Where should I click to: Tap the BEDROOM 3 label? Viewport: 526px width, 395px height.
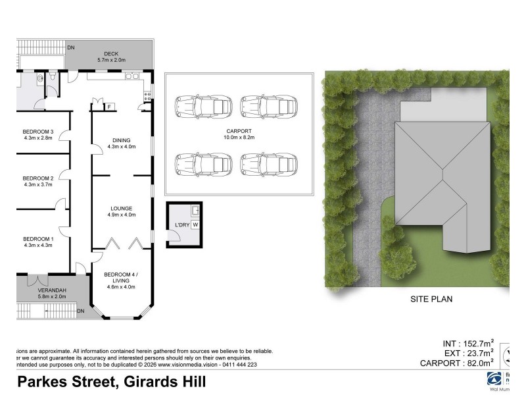pos(37,131)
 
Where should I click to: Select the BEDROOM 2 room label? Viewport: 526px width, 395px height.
pos(37,178)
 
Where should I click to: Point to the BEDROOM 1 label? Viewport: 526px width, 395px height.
pos(37,238)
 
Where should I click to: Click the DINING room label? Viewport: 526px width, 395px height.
pos(121,140)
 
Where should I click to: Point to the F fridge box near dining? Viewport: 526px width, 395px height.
pos(109,107)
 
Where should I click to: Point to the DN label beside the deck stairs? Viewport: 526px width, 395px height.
pos(71,47)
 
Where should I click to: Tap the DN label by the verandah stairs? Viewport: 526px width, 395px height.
pos(81,311)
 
